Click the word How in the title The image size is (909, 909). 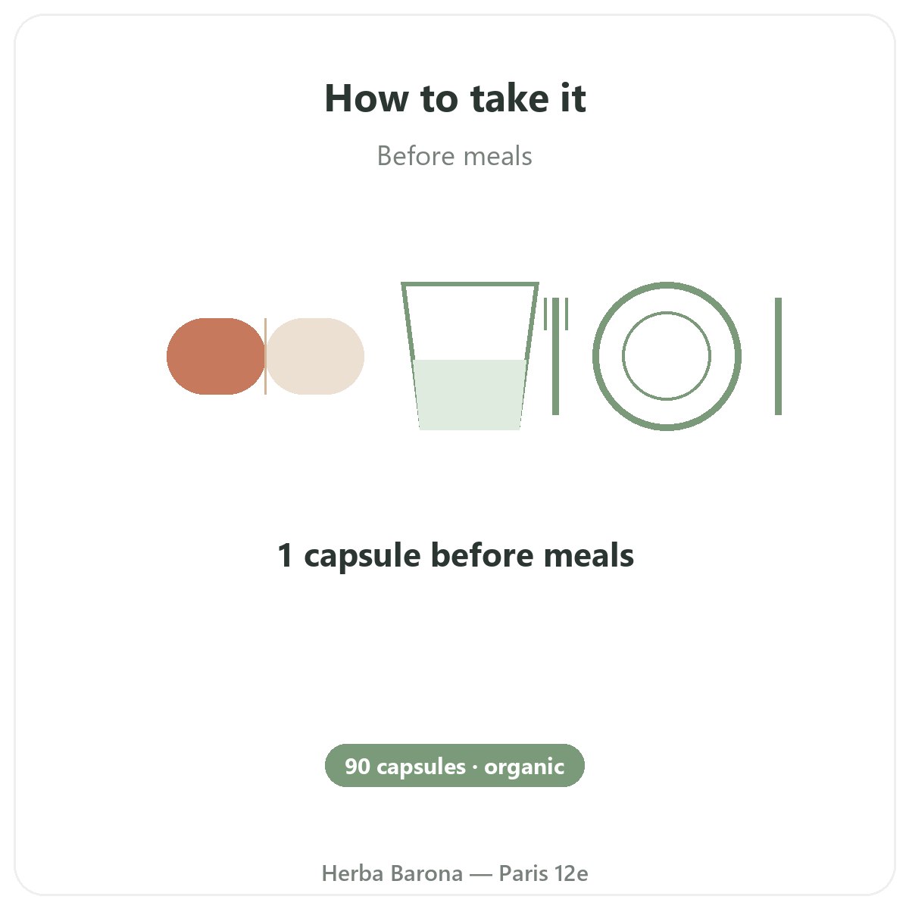coord(367,98)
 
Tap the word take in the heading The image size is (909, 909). coord(510,98)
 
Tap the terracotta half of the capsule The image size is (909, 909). coord(215,356)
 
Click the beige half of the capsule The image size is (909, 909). coord(315,356)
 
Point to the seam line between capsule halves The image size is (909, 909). coord(266,356)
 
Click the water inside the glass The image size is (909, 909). coord(470,395)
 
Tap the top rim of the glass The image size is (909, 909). coord(470,285)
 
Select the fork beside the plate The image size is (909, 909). coord(556,356)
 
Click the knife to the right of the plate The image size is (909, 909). coord(779,356)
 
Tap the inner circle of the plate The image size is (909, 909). coord(667,312)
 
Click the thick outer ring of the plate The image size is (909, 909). coord(667,286)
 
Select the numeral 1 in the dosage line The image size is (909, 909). coord(286,555)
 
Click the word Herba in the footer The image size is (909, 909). coord(352,873)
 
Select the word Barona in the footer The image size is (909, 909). coord(427,873)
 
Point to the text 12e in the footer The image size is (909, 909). coord(571,873)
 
